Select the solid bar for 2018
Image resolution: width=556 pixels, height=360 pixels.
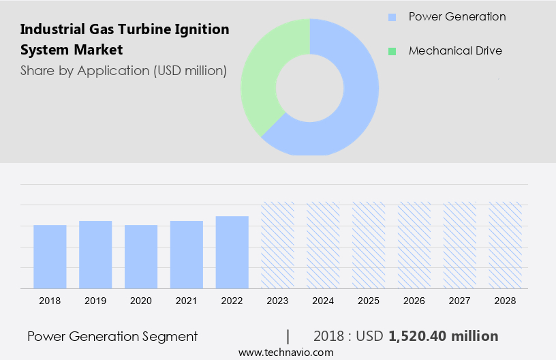point(50,256)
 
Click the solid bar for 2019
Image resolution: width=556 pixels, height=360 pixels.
point(95,254)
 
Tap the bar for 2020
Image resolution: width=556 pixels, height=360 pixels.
point(141,256)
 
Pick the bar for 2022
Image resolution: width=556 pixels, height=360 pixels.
point(232,252)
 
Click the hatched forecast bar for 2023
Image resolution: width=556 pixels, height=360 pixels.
point(278,245)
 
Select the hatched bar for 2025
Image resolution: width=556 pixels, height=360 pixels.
point(369,245)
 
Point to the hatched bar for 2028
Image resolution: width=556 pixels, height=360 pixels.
point(506,245)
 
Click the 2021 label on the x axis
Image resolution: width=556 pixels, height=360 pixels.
point(187,301)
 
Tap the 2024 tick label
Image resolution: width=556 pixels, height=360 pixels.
point(323,301)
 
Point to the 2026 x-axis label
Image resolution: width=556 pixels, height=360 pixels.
point(414,301)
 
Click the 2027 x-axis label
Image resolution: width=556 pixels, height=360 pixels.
point(460,301)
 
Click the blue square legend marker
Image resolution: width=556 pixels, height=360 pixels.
point(391,17)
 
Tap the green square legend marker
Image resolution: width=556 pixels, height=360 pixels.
point(391,51)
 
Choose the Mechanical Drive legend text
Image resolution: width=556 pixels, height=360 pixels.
point(455,51)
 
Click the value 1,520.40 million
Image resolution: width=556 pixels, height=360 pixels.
point(444,336)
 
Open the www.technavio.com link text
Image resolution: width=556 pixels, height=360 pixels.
point(285,352)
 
